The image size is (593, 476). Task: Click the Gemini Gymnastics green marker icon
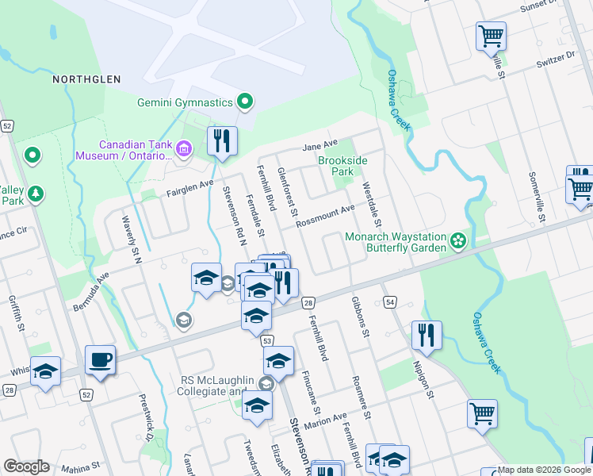pos(245,102)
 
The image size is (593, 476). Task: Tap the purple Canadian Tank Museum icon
pos(184,148)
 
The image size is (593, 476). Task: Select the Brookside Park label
pos(342,165)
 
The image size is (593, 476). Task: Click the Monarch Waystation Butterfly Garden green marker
pos(457,240)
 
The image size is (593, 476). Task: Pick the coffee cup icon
pos(101,360)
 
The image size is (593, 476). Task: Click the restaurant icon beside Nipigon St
pos(427,335)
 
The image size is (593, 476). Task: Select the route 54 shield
pos(389,302)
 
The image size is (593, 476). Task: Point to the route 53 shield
pos(268,340)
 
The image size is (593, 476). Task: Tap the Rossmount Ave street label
pos(325,216)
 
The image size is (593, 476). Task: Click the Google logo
pos(26,466)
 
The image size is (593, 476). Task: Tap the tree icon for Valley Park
pos(35,193)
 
